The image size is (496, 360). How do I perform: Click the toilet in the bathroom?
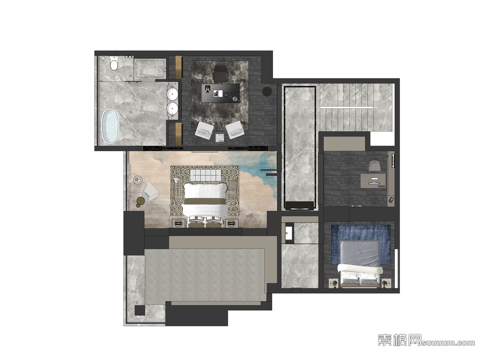[x=114, y=63]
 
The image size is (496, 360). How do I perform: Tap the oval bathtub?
[x=110, y=126]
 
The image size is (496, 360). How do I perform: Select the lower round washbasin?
[x=173, y=108]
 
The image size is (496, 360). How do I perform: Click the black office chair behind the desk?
[x=221, y=74]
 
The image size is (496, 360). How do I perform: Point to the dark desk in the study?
[x=221, y=93]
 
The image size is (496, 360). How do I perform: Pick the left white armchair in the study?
[x=204, y=131]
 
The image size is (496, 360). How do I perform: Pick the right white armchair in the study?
[x=235, y=130]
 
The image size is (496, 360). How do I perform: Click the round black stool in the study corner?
[x=267, y=91]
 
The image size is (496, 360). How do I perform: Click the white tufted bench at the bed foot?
[x=205, y=175]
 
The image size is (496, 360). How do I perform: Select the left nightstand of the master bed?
[x=179, y=223]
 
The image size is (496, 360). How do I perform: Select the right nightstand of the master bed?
[x=232, y=223]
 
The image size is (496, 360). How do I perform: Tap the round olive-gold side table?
[x=141, y=200]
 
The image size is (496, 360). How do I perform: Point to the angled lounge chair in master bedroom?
[x=149, y=192]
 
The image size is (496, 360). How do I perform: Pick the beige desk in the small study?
[x=373, y=181]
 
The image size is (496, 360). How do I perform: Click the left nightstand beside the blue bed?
[x=334, y=283]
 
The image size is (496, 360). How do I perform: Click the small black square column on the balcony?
[x=140, y=310]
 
